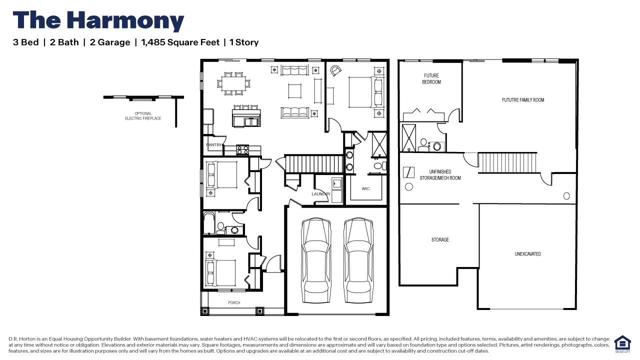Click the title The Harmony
tap(98, 21)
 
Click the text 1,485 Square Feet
tap(180, 42)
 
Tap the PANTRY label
tap(213, 145)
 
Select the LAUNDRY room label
tap(321, 194)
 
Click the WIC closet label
tap(366, 188)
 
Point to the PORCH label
tap(234, 302)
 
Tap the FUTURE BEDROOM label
tap(431, 79)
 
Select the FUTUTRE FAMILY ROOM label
tap(523, 100)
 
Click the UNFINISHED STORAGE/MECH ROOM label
tap(440, 174)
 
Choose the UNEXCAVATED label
tap(527, 254)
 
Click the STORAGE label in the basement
tap(440, 239)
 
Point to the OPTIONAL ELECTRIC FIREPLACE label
tap(143, 116)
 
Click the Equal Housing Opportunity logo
tap(622, 344)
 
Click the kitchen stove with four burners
tap(242, 149)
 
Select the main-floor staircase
tap(314, 163)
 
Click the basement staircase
tap(507, 162)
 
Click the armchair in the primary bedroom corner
tap(336, 70)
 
